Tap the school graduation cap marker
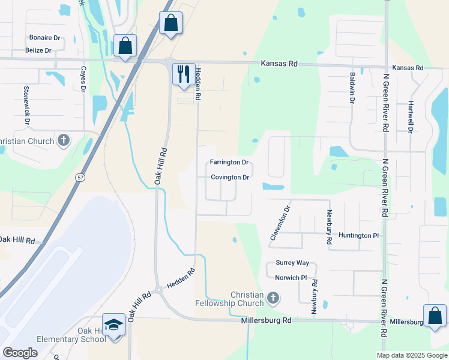coord(113,325)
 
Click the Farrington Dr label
coord(229,163)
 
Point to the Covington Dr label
coord(230,178)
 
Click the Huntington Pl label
coord(358,236)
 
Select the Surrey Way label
coord(292,263)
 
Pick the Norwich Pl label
coord(291,278)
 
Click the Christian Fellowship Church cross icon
coord(273,298)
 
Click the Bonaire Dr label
coord(44,37)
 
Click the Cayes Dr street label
coord(83,79)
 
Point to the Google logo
coord(20,352)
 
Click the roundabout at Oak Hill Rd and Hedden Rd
coord(159,290)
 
